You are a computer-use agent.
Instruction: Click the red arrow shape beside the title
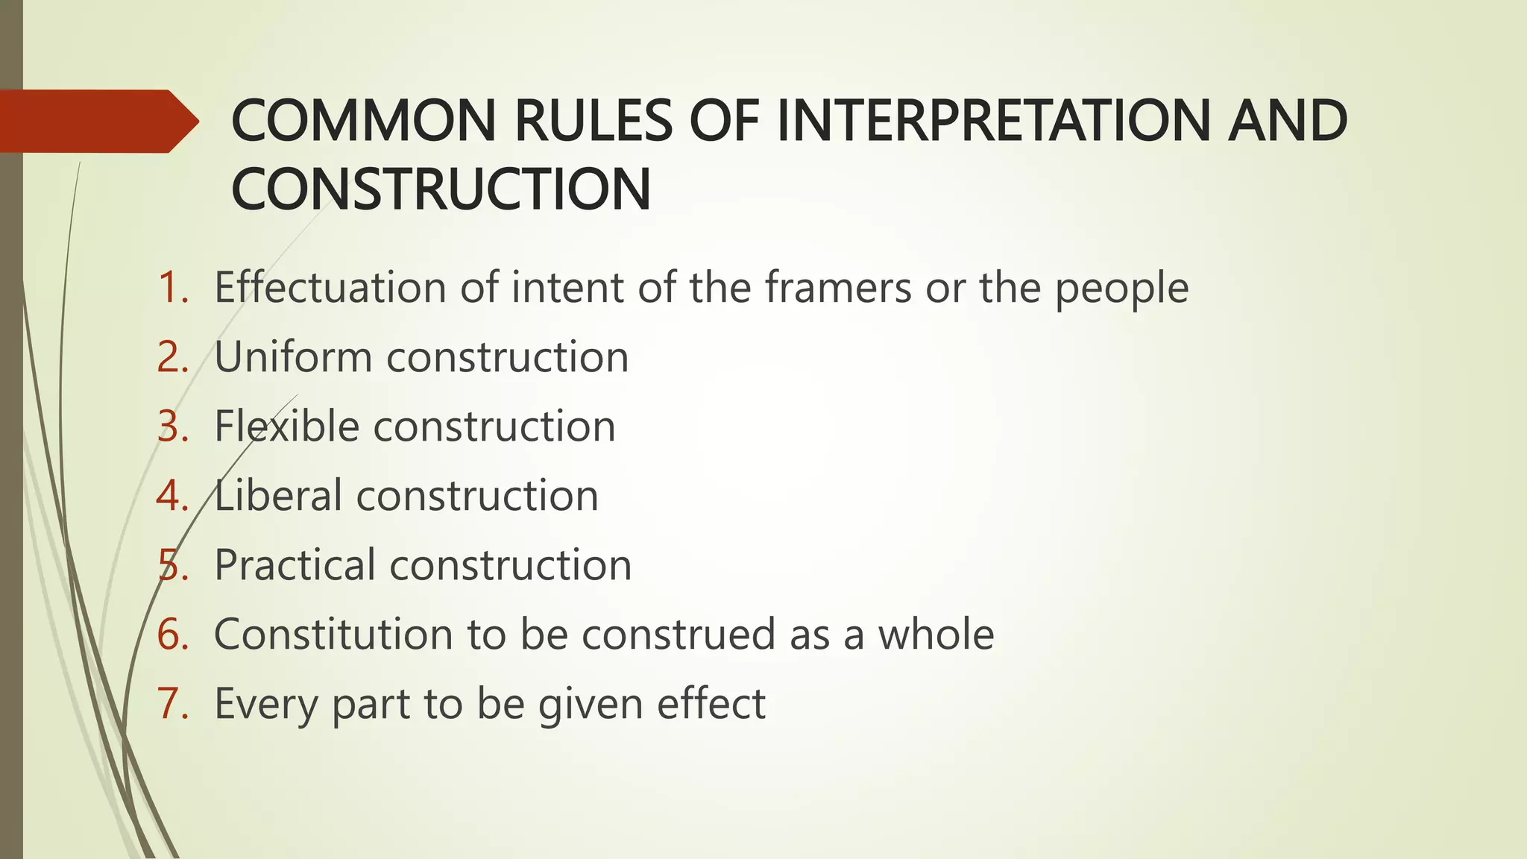[x=97, y=121]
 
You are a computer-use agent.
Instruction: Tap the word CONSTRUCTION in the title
[x=441, y=189]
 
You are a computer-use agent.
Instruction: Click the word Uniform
[x=293, y=356]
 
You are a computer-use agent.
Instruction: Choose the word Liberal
[x=278, y=495]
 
